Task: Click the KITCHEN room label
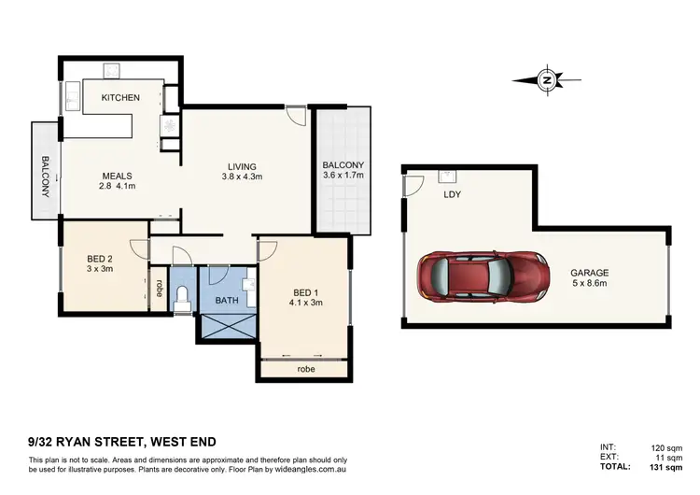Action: [121, 97]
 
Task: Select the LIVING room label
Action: [243, 166]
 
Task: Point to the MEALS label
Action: [117, 176]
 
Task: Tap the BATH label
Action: [227, 301]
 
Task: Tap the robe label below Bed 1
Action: [305, 369]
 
